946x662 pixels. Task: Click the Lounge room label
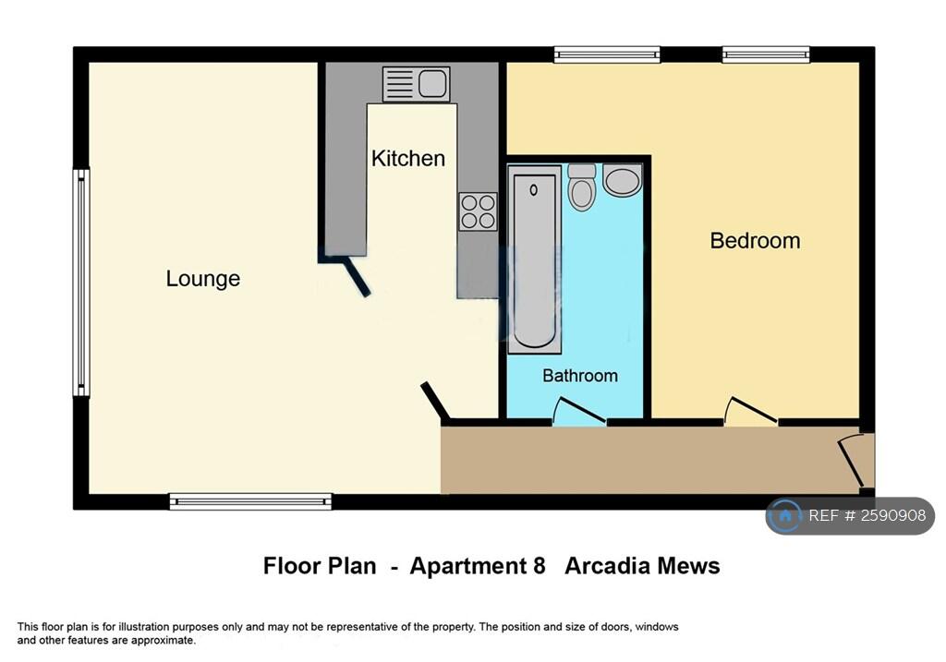tap(202, 279)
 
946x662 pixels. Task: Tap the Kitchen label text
tap(407, 159)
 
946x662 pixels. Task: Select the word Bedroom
tap(755, 241)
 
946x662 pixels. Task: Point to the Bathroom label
tap(580, 376)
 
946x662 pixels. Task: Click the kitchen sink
tap(417, 84)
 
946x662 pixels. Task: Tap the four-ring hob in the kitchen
tap(478, 211)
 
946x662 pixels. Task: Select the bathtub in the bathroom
tap(535, 259)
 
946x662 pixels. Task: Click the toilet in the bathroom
tap(582, 187)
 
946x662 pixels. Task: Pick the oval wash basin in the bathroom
tap(623, 180)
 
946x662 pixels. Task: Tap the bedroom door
tap(751, 411)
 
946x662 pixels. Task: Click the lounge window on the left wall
tap(81, 283)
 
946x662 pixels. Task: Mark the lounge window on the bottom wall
tap(250, 501)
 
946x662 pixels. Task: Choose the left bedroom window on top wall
tap(607, 54)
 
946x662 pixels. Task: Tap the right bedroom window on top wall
tap(766, 54)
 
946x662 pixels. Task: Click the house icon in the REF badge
tap(785, 516)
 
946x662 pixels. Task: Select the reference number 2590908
tap(892, 515)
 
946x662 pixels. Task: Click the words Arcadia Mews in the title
tap(642, 566)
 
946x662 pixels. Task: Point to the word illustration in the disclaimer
tap(141, 627)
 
